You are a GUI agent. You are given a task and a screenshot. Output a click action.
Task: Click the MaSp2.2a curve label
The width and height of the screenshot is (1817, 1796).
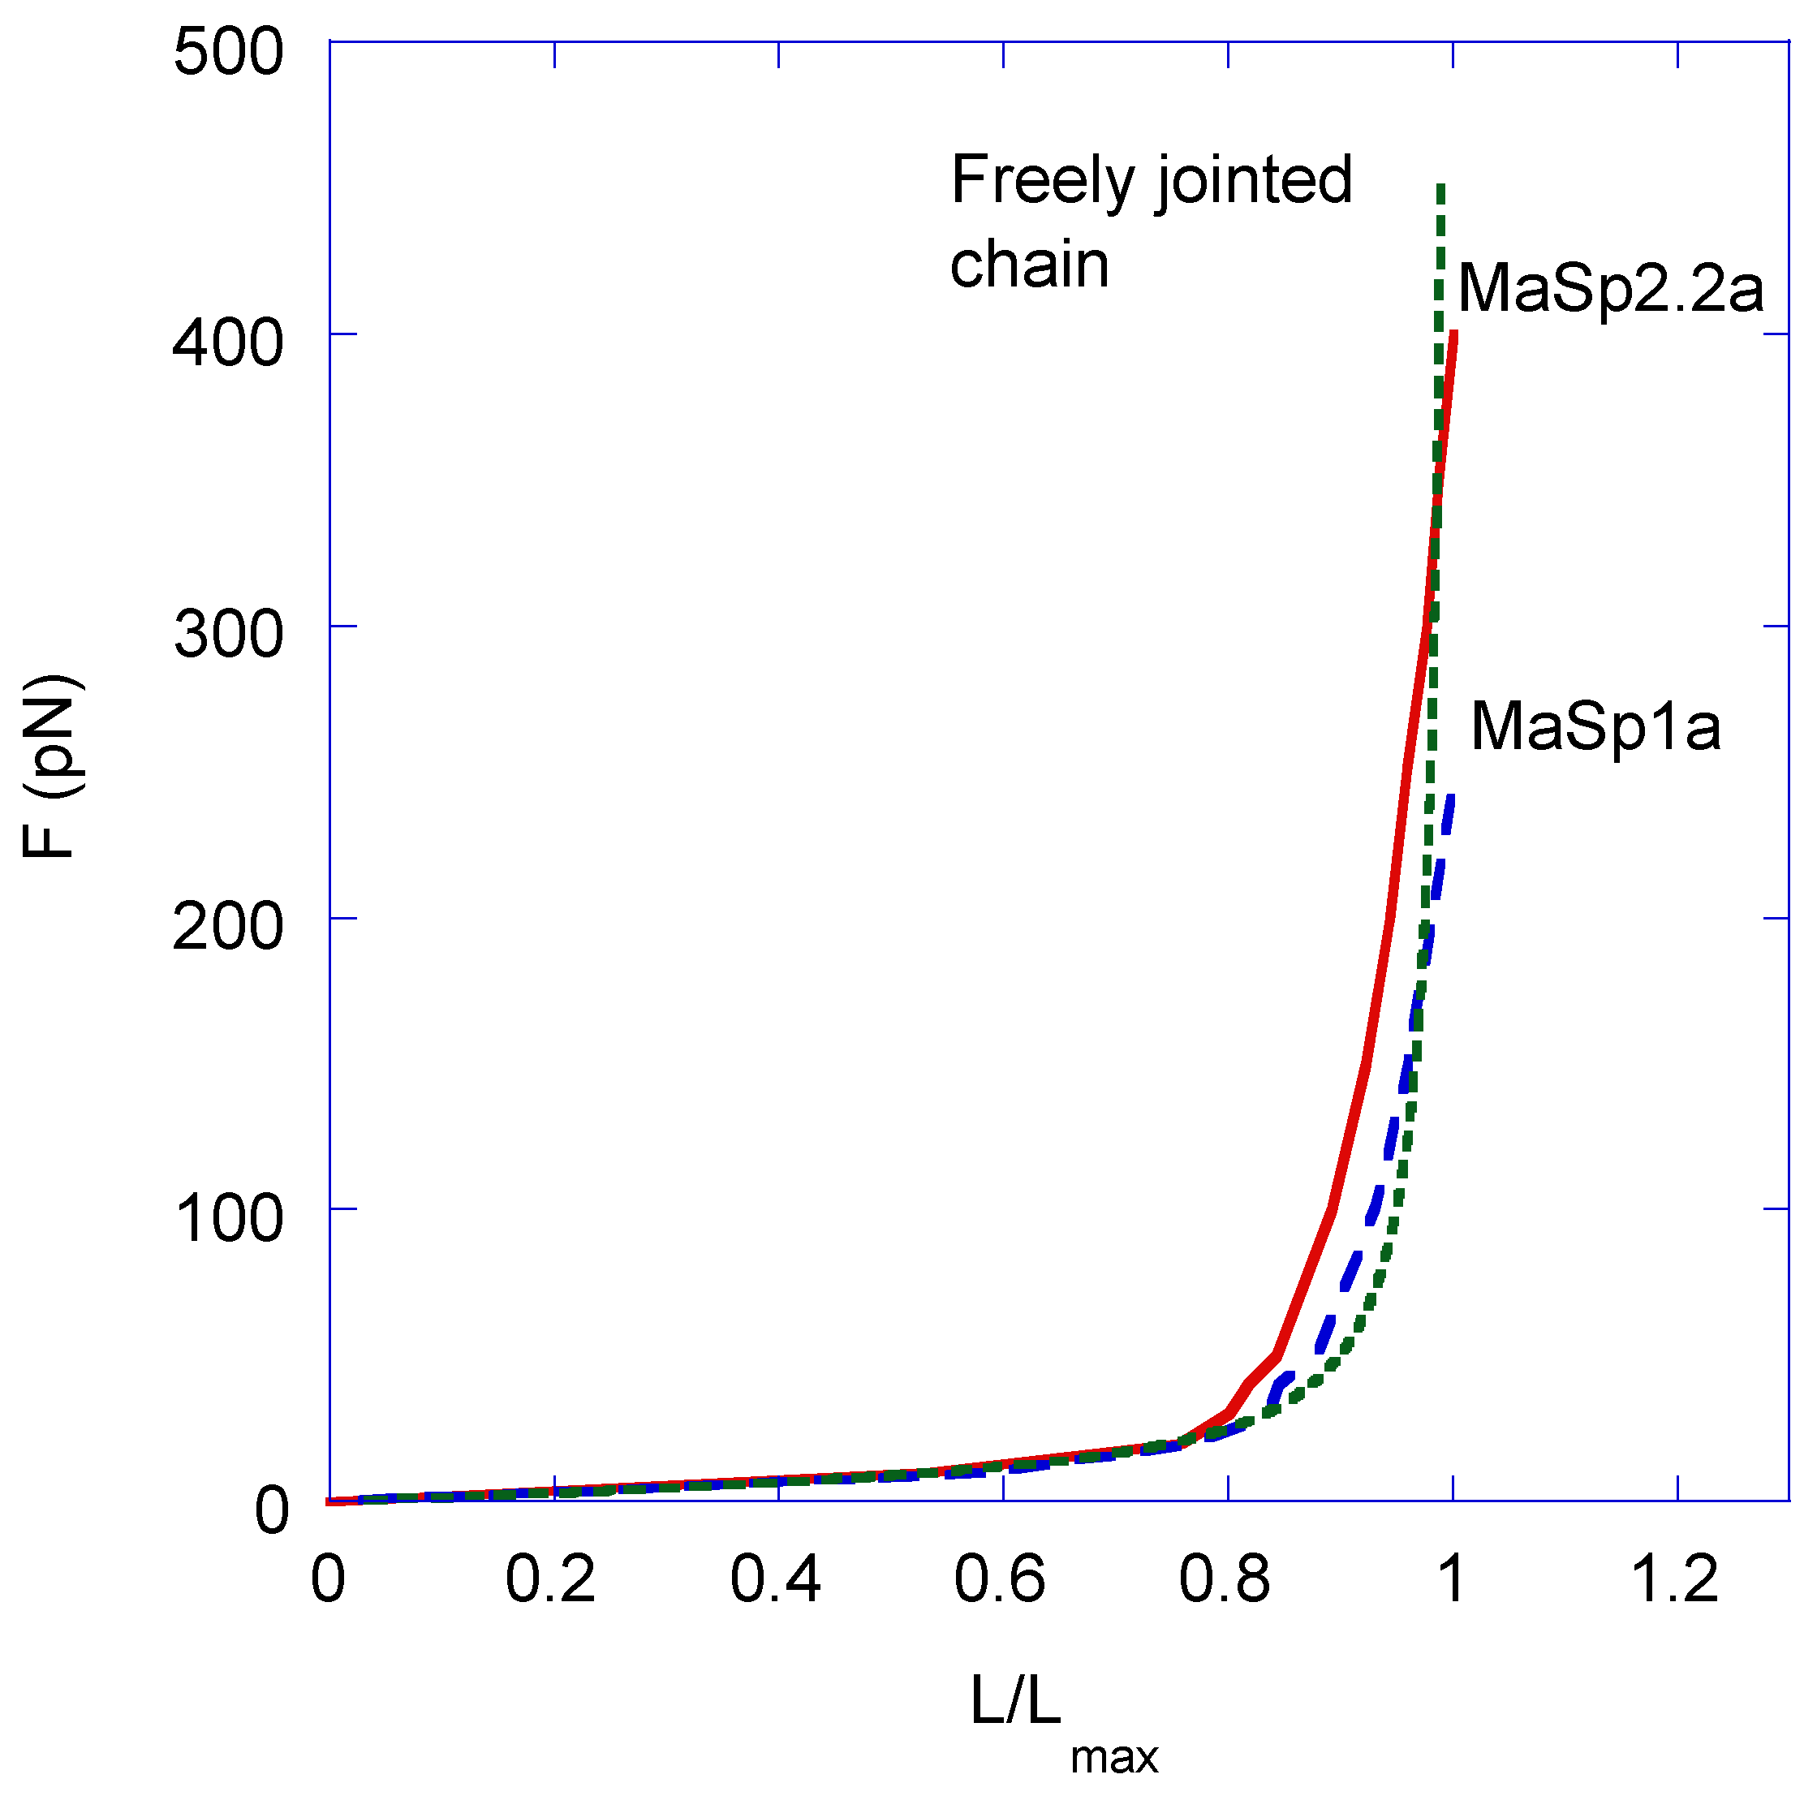click(x=1610, y=290)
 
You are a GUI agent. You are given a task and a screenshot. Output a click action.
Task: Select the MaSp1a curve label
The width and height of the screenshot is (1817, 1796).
click(x=1595, y=727)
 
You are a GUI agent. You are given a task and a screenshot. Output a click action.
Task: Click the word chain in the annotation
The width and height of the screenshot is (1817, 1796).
click(x=1030, y=265)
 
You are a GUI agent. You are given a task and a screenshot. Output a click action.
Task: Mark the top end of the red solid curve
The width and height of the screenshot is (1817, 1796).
click(x=1454, y=334)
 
